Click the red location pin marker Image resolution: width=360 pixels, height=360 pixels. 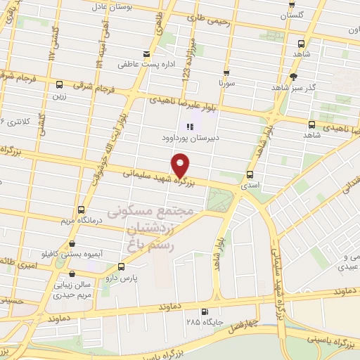[x=181, y=164]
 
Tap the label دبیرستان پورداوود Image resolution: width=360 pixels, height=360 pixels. [x=189, y=139]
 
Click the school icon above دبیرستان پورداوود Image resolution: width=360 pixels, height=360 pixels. [x=189, y=127]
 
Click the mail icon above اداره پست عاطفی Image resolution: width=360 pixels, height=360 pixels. [x=146, y=54]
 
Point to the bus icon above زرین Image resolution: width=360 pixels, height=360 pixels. [x=60, y=85]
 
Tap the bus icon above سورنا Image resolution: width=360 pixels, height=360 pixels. [x=226, y=72]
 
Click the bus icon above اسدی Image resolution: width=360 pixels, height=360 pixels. [x=250, y=174]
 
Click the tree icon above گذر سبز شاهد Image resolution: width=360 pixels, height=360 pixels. [x=294, y=76]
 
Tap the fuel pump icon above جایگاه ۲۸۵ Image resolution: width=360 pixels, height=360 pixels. [x=204, y=312]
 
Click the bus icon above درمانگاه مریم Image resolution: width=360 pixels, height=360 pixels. [x=82, y=210]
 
